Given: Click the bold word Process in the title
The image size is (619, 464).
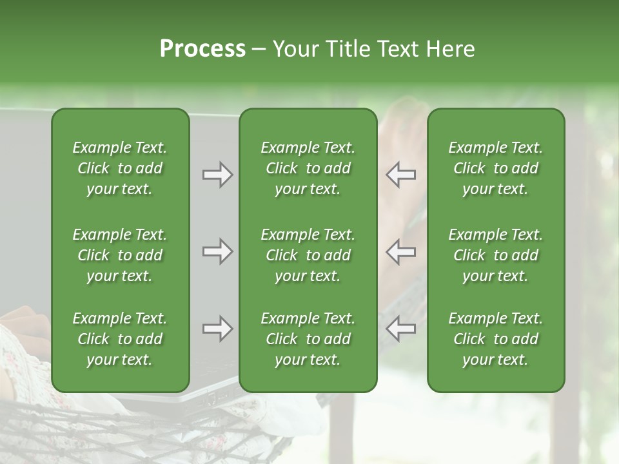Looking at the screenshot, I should (x=202, y=49).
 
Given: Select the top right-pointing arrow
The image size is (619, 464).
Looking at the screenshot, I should (x=217, y=175).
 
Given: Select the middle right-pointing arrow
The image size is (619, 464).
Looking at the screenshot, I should (x=217, y=251).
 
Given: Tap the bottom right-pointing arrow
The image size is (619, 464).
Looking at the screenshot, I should (x=217, y=329).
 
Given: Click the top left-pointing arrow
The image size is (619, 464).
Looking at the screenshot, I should (x=400, y=175).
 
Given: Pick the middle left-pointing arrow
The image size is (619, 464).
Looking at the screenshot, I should (x=400, y=251).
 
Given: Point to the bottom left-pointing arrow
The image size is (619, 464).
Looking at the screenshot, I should (x=400, y=329).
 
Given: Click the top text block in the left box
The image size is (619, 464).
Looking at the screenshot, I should (x=120, y=168).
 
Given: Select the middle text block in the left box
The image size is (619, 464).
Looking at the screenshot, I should (x=120, y=255).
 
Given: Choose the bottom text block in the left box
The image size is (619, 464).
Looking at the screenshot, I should (x=120, y=339).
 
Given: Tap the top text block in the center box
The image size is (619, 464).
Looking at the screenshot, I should (x=308, y=168).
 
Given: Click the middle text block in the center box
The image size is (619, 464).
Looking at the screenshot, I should (x=308, y=255).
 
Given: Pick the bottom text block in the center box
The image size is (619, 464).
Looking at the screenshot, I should (x=308, y=339).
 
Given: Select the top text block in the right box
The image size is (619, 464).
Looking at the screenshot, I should (x=496, y=168).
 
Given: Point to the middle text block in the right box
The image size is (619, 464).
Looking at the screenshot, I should (x=496, y=255).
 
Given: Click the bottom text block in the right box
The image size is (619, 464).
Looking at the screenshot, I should (x=496, y=339).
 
